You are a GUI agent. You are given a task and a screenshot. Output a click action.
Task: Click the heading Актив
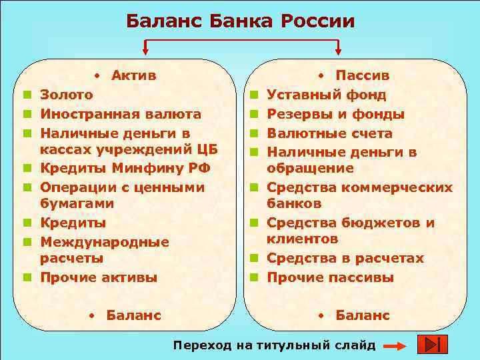[x=134, y=75]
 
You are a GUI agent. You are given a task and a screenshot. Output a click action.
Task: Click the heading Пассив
[x=363, y=75]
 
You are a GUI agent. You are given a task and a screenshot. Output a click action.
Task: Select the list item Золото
[x=67, y=95]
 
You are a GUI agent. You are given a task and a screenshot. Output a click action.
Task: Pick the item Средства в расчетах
[x=345, y=258]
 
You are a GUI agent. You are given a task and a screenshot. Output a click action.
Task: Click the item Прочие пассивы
[x=331, y=277]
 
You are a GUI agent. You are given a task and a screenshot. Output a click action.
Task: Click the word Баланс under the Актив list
[x=133, y=315]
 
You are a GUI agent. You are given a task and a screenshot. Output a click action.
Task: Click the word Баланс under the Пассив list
[x=363, y=315]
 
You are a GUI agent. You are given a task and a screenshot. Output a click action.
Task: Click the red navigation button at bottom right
[x=432, y=345]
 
